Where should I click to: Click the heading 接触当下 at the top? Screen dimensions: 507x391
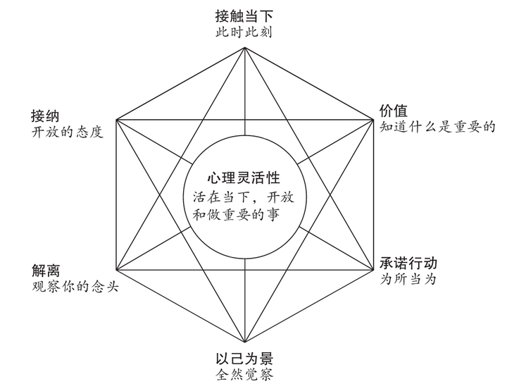click(244, 15)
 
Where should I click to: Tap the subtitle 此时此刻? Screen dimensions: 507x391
click(244, 32)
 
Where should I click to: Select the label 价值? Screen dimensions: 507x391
click(393, 111)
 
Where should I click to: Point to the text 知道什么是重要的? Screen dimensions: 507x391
click(437, 127)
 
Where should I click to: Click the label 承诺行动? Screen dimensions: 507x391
click(408, 263)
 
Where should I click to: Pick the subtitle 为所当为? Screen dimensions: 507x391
click(408, 279)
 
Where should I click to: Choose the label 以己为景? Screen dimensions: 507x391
click(244, 359)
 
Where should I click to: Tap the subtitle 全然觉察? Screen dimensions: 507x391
click(244, 375)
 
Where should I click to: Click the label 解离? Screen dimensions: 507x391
click(46, 271)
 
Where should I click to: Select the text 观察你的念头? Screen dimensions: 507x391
click(75, 287)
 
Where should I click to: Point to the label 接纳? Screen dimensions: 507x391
click(45, 116)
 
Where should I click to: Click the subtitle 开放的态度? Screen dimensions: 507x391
click(68, 132)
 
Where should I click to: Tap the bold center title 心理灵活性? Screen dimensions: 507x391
click(244, 178)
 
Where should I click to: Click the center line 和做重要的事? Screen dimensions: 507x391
click(236, 214)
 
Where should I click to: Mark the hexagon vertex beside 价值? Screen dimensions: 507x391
click(373, 120)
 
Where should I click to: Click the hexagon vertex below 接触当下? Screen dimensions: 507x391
click(245, 47)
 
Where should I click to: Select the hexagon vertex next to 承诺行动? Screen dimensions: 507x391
click(373, 270)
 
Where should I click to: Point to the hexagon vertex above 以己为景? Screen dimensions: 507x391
click(245, 342)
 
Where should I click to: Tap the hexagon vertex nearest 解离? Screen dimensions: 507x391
click(116, 270)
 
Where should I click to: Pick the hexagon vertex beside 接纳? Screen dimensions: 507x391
click(116, 120)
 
